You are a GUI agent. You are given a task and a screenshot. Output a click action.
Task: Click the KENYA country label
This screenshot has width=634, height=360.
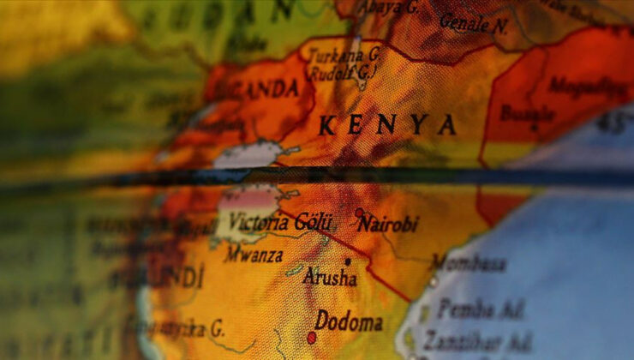click(386, 126)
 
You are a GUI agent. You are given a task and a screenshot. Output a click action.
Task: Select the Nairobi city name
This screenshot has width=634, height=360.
click(388, 225)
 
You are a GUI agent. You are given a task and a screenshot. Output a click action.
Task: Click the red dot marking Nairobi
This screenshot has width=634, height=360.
click(359, 213)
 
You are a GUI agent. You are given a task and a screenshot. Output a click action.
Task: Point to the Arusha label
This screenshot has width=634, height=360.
click(330, 278)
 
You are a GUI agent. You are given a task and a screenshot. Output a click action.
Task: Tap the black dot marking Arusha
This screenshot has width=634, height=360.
click(347, 261)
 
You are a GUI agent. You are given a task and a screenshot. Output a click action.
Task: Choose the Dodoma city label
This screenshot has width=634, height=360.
click(349, 322)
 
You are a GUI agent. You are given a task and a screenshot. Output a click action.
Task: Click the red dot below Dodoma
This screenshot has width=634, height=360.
click(312, 338)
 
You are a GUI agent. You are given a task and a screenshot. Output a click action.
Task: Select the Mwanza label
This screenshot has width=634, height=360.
click(254, 254)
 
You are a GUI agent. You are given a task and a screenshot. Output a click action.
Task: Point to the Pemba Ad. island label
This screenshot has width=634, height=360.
click(480, 309)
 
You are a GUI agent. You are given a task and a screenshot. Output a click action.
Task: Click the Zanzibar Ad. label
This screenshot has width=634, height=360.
click(476, 340)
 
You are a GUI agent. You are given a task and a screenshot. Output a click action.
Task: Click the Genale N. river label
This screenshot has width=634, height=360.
click(473, 23)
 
